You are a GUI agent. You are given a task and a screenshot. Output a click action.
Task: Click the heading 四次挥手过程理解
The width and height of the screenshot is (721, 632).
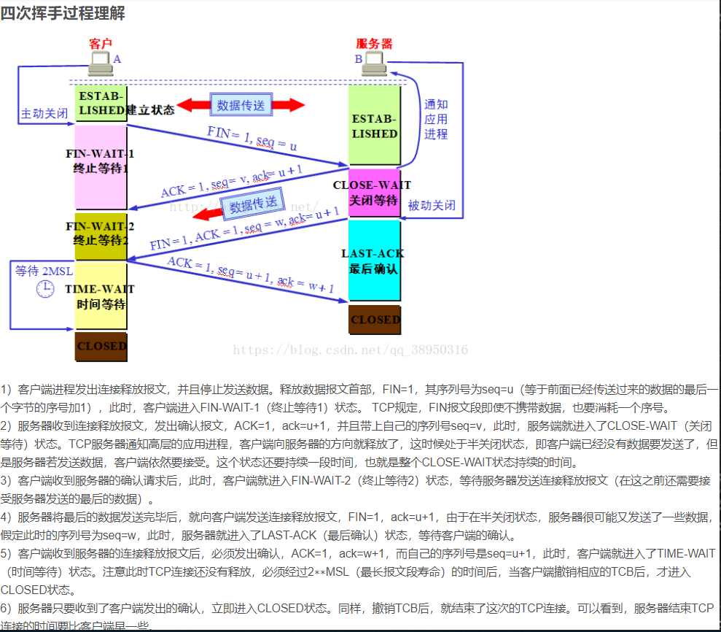coord(63,13)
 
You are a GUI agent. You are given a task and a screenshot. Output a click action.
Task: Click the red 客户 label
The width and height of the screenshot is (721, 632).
coord(101,45)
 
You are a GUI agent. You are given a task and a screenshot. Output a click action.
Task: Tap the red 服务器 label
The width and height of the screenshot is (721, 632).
coord(374,45)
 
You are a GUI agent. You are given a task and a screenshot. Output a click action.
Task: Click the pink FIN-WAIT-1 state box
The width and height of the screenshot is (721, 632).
coord(101,166)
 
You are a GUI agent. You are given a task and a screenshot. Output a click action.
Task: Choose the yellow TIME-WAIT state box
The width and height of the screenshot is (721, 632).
coord(101,296)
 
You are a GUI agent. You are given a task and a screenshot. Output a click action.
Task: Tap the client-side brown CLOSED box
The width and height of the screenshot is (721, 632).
coord(101,346)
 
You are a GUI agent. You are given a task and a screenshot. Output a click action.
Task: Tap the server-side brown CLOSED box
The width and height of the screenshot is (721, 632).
coord(375,320)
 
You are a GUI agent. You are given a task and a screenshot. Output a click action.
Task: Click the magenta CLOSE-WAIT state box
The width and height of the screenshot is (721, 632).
coord(374,193)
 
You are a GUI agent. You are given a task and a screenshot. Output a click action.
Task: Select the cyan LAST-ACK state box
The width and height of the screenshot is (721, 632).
coord(374,260)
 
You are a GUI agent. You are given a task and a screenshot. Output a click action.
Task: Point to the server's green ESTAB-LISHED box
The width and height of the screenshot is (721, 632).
coord(374,125)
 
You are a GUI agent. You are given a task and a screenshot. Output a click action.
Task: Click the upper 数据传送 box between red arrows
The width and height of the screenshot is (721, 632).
coord(241,105)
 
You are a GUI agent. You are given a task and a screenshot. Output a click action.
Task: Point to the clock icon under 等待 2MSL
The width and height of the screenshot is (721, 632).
coord(45,290)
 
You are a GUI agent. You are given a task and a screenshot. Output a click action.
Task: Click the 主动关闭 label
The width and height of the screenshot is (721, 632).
coord(44,115)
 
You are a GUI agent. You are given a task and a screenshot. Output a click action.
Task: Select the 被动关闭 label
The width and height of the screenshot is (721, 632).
coord(432,206)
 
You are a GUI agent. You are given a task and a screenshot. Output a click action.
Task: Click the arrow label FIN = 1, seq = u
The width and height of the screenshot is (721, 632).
coord(252,138)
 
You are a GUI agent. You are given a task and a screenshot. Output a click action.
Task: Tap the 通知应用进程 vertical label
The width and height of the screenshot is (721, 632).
coord(436,119)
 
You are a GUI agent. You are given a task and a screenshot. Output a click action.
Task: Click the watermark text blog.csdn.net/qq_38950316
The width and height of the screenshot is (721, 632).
coord(350,350)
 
